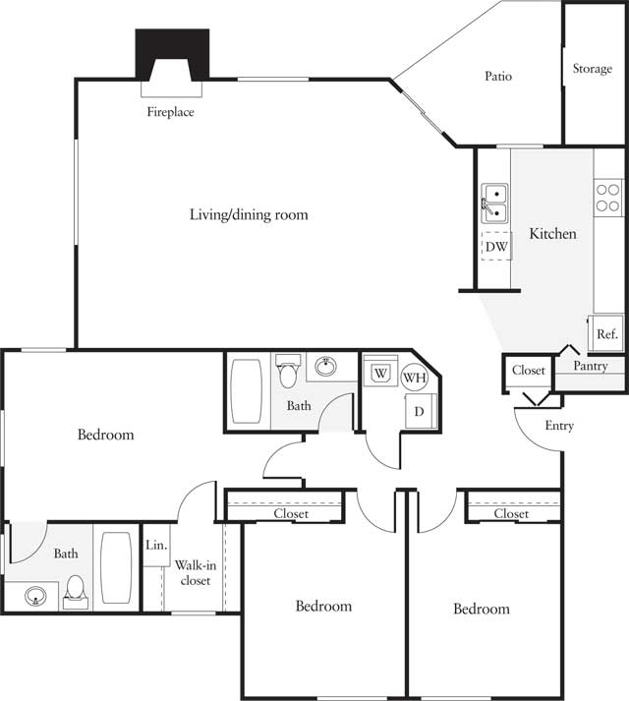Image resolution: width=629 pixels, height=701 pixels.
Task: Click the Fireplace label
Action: [170, 112]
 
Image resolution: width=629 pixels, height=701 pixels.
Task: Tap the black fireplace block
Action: [172, 55]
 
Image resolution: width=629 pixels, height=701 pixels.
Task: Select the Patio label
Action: [497, 76]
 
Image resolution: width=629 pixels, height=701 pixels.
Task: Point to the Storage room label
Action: [592, 70]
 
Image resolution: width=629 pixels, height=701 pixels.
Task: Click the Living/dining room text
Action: [249, 214]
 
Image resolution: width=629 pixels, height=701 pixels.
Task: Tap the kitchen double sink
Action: [494, 202]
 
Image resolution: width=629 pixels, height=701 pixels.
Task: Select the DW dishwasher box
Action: [496, 247]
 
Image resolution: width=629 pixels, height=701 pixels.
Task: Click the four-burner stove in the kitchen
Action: [608, 199]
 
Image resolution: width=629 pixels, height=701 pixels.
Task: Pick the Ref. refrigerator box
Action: [606, 334]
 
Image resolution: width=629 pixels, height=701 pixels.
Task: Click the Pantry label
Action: [591, 366]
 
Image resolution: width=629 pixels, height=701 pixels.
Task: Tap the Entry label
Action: [557, 426]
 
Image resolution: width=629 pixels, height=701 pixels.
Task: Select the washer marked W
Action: [379, 373]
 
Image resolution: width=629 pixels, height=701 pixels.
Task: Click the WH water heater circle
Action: [413, 377]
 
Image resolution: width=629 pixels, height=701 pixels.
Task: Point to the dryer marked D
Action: [418, 411]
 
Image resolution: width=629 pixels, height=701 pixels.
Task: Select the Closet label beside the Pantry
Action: [528, 371]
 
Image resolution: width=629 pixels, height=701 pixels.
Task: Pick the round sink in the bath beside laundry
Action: [324, 368]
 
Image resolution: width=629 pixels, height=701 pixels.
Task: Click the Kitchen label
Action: [552, 234]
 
